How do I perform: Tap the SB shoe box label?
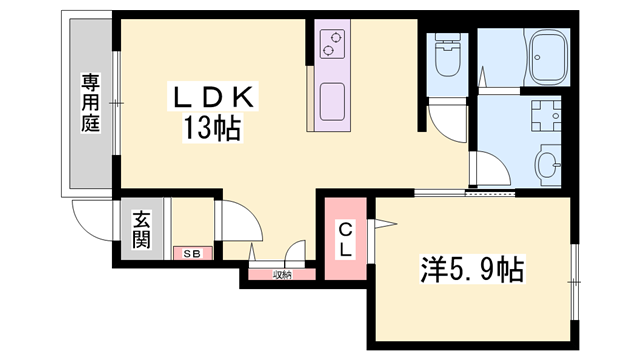pos(191,254)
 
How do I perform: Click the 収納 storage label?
pos(282,275)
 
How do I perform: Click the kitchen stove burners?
pos(331,42)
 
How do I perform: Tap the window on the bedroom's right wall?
pos(575,271)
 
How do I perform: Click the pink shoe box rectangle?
pos(191,254)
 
